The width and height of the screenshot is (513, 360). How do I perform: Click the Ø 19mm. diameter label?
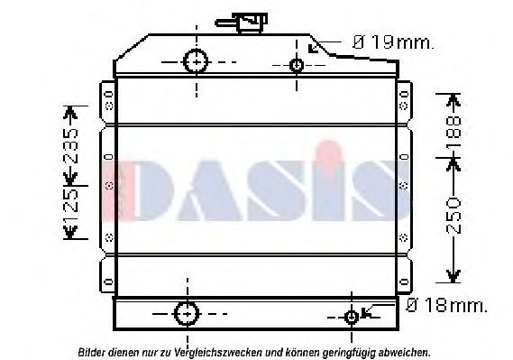[392, 42]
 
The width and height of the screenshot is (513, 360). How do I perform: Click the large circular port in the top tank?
[196, 61]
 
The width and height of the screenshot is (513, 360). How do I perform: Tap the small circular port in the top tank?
[298, 64]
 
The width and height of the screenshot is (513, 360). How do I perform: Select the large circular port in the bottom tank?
[186, 314]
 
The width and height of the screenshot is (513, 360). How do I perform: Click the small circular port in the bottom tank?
[353, 317]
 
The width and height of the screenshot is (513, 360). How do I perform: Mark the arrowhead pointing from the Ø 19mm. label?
[312, 47]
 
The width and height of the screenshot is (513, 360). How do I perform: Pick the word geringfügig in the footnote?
[348, 352]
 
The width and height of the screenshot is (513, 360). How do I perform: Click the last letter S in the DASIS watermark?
[378, 190]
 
